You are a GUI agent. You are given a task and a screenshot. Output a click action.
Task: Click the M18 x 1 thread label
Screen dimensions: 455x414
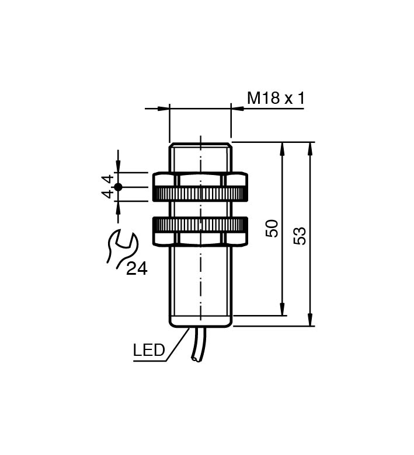[x=276, y=97]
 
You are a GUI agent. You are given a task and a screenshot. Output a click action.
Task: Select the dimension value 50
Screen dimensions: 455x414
[x=272, y=228]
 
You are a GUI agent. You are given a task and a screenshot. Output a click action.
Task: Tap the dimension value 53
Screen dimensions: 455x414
[x=300, y=236]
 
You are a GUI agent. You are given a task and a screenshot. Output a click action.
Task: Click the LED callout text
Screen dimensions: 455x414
[x=149, y=351]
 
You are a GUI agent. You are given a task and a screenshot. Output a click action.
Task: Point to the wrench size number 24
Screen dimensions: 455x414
[x=137, y=268]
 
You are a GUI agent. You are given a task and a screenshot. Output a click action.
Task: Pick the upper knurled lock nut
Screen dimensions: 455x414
[x=200, y=187]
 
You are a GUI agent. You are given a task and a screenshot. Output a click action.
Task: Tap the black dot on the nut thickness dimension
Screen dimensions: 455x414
[x=118, y=187]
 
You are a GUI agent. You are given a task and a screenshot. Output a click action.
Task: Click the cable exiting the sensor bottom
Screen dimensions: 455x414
[x=196, y=347]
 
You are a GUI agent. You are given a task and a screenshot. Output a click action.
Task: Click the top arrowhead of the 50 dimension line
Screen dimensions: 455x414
[x=283, y=148]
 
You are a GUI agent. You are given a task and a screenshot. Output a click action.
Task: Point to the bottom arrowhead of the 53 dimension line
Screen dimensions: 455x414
[x=309, y=320]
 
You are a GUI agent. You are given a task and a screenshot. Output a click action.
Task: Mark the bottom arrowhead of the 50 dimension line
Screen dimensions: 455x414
[x=283, y=310]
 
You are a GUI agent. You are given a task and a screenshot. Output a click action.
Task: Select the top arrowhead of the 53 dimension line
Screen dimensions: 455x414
[x=309, y=148]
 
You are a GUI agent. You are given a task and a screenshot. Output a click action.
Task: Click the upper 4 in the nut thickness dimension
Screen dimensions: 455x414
[x=107, y=179]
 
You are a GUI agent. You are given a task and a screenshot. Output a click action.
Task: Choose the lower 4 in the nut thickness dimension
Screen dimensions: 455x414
[x=107, y=194]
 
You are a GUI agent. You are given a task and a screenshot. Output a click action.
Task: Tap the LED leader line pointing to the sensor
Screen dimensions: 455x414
[x=177, y=344]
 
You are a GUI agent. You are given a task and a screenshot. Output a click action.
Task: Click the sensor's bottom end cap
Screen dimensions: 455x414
[x=200, y=321]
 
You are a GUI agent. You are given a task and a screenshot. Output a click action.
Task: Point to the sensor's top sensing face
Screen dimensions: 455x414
[x=200, y=144]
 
